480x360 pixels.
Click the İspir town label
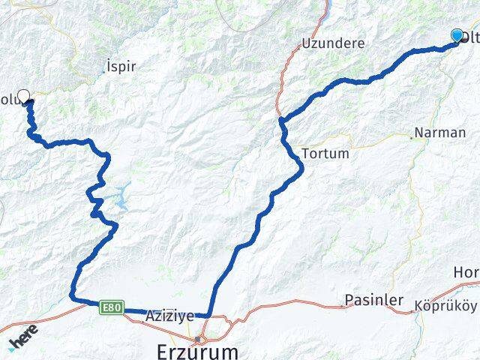[121, 67]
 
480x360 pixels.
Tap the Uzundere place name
[333, 43]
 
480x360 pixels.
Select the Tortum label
[325, 154]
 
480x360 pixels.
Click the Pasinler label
[369, 300]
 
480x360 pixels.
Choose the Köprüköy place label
[445, 306]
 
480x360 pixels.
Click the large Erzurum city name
[198, 350]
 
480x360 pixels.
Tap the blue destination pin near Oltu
[457, 35]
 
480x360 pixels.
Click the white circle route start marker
[23, 95]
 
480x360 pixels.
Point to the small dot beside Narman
[412, 137]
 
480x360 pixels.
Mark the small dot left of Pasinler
[340, 305]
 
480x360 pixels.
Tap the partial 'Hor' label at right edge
[466, 271]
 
